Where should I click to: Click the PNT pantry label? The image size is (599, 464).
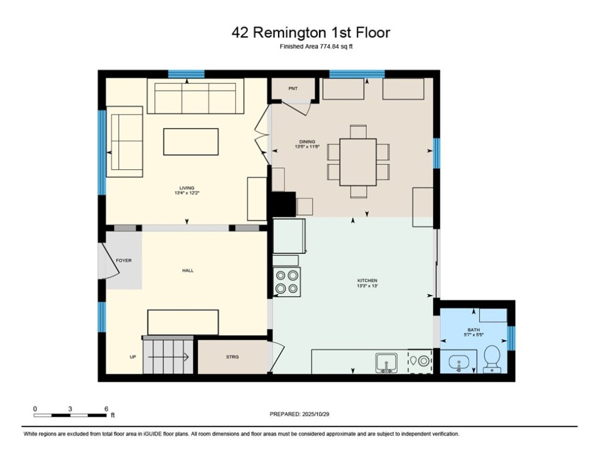[293, 89]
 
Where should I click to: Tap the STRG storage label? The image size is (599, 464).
[232, 357]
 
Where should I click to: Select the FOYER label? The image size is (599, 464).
[124, 261]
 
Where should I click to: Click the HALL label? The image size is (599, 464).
[188, 271]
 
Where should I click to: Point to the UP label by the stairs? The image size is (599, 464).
[133, 357]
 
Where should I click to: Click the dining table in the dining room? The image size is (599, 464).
[358, 162]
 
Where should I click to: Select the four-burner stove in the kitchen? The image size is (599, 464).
[287, 282]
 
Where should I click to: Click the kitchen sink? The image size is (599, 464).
[386, 362]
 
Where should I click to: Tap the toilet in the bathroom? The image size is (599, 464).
[492, 358]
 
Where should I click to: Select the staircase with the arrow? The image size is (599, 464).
[167, 356]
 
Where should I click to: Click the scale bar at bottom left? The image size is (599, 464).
[71, 415]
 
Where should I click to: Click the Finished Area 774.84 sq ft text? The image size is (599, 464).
[315, 47]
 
